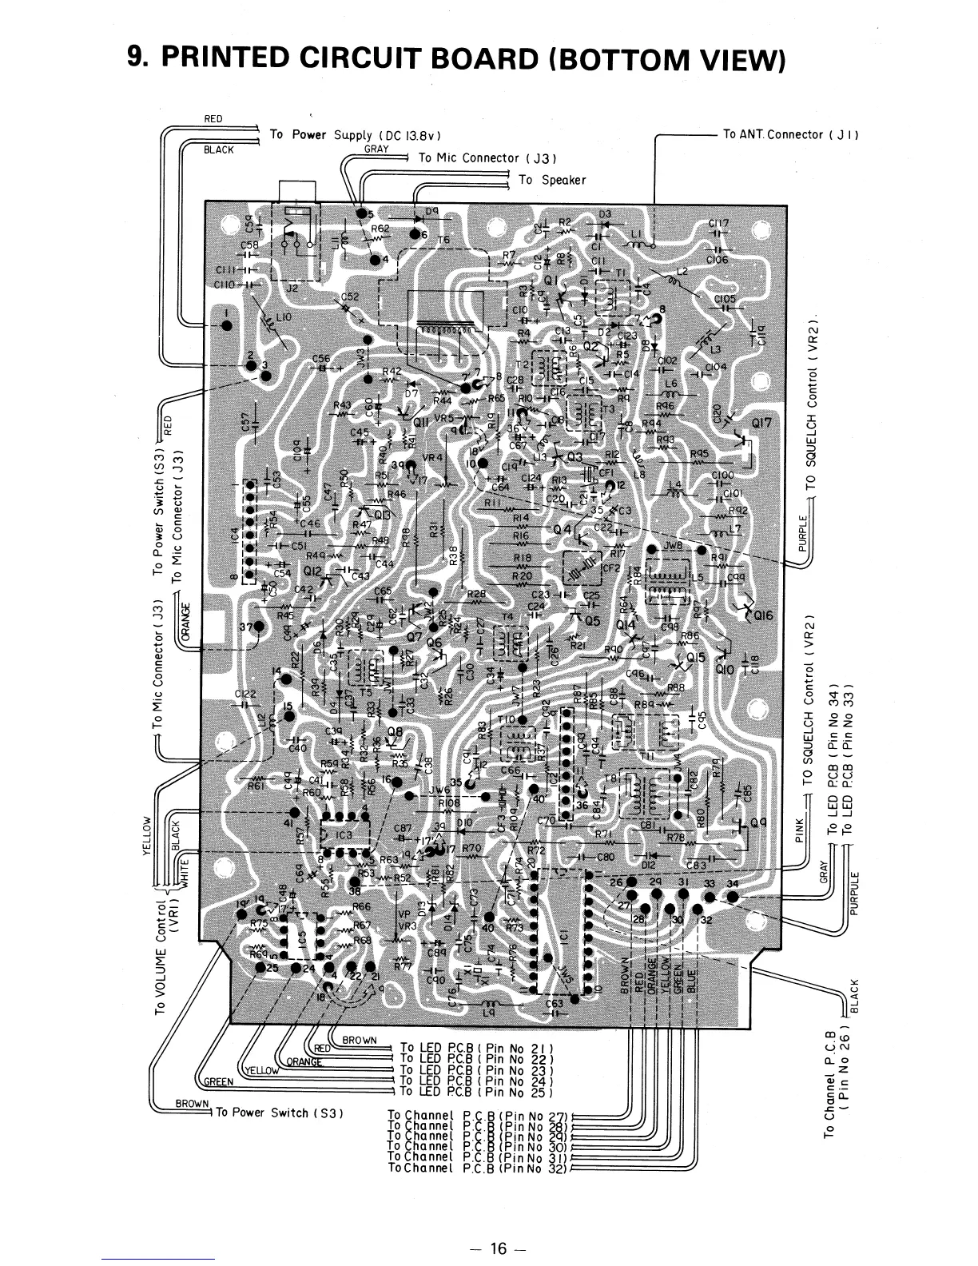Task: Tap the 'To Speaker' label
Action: click(x=552, y=180)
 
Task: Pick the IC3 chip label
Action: click(x=344, y=835)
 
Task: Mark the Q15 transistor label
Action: click(x=697, y=657)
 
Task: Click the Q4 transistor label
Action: click(x=563, y=530)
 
